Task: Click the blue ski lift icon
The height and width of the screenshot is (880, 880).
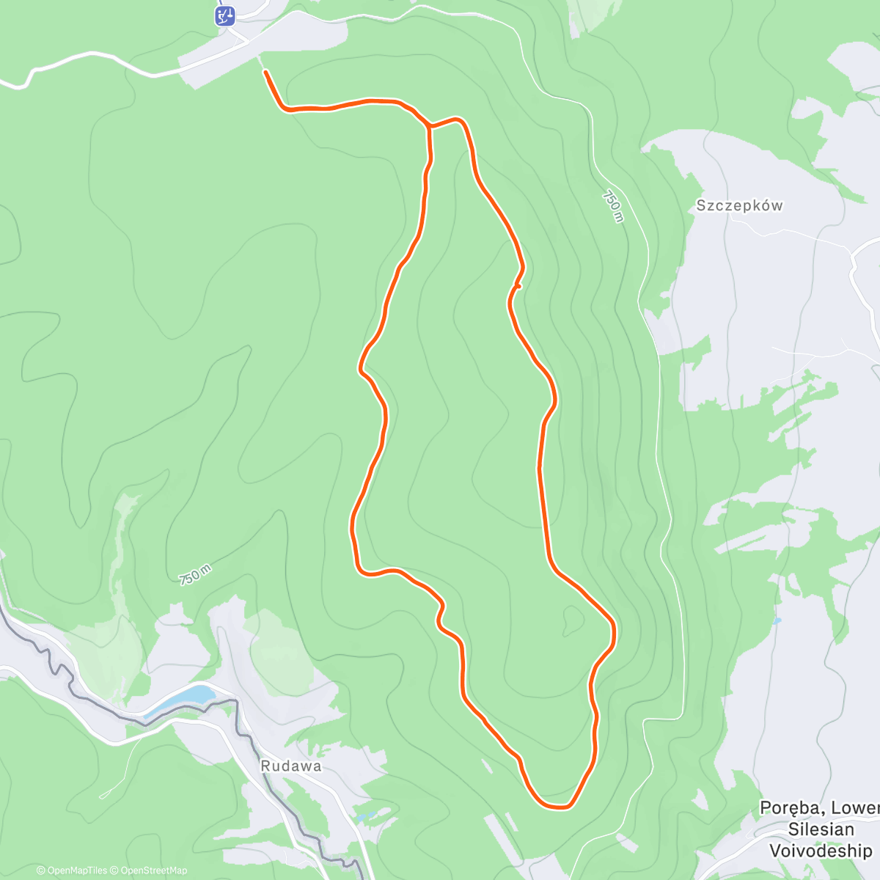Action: tap(225, 15)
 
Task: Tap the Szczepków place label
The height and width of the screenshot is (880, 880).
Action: tap(739, 205)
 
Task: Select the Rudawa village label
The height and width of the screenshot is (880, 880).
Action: tap(291, 766)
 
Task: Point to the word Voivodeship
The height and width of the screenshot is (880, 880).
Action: tap(820, 851)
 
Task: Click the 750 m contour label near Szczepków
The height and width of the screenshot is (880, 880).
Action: tap(613, 206)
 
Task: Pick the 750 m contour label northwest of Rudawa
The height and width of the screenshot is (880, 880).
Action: tap(194, 574)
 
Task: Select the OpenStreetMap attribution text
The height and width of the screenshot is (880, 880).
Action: tap(153, 870)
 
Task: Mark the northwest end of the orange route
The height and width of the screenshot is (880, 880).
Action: tap(265, 72)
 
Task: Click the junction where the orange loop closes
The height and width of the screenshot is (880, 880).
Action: tap(429, 128)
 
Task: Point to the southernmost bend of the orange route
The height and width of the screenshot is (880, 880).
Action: tap(557, 806)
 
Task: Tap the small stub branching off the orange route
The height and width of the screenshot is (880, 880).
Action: tap(518, 287)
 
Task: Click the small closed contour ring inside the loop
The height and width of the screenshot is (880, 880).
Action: tap(571, 621)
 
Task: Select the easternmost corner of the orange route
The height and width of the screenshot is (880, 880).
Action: tap(613, 629)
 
